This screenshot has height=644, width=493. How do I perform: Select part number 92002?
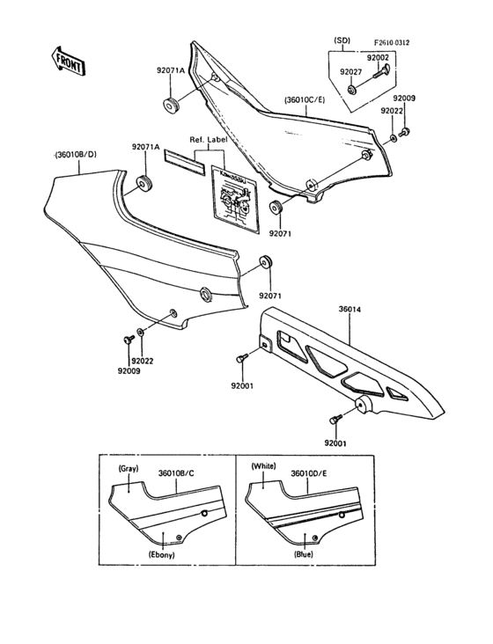(x=378, y=58)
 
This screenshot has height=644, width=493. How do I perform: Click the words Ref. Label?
(x=210, y=140)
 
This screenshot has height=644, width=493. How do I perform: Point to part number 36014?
(x=350, y=310)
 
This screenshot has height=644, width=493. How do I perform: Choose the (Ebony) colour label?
(x=161, y=555)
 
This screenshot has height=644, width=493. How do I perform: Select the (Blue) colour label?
(x=304, y=555)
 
